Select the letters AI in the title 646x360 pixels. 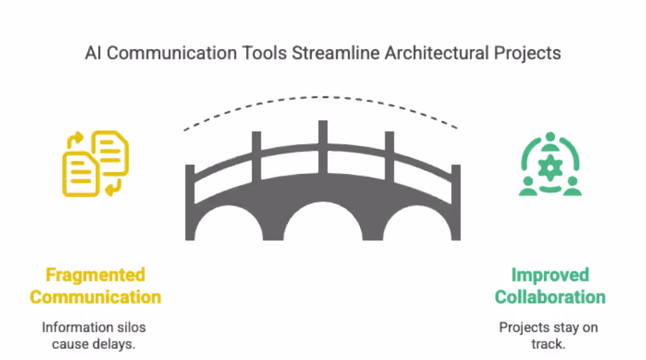(94, 53)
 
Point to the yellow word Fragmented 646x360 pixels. (95, 275)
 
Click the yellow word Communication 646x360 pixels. (95, 296)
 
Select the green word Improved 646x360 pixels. (550, 275)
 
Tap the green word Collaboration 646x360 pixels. (550, 296)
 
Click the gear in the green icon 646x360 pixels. (550, 165)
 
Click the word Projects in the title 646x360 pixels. (529, 53)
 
